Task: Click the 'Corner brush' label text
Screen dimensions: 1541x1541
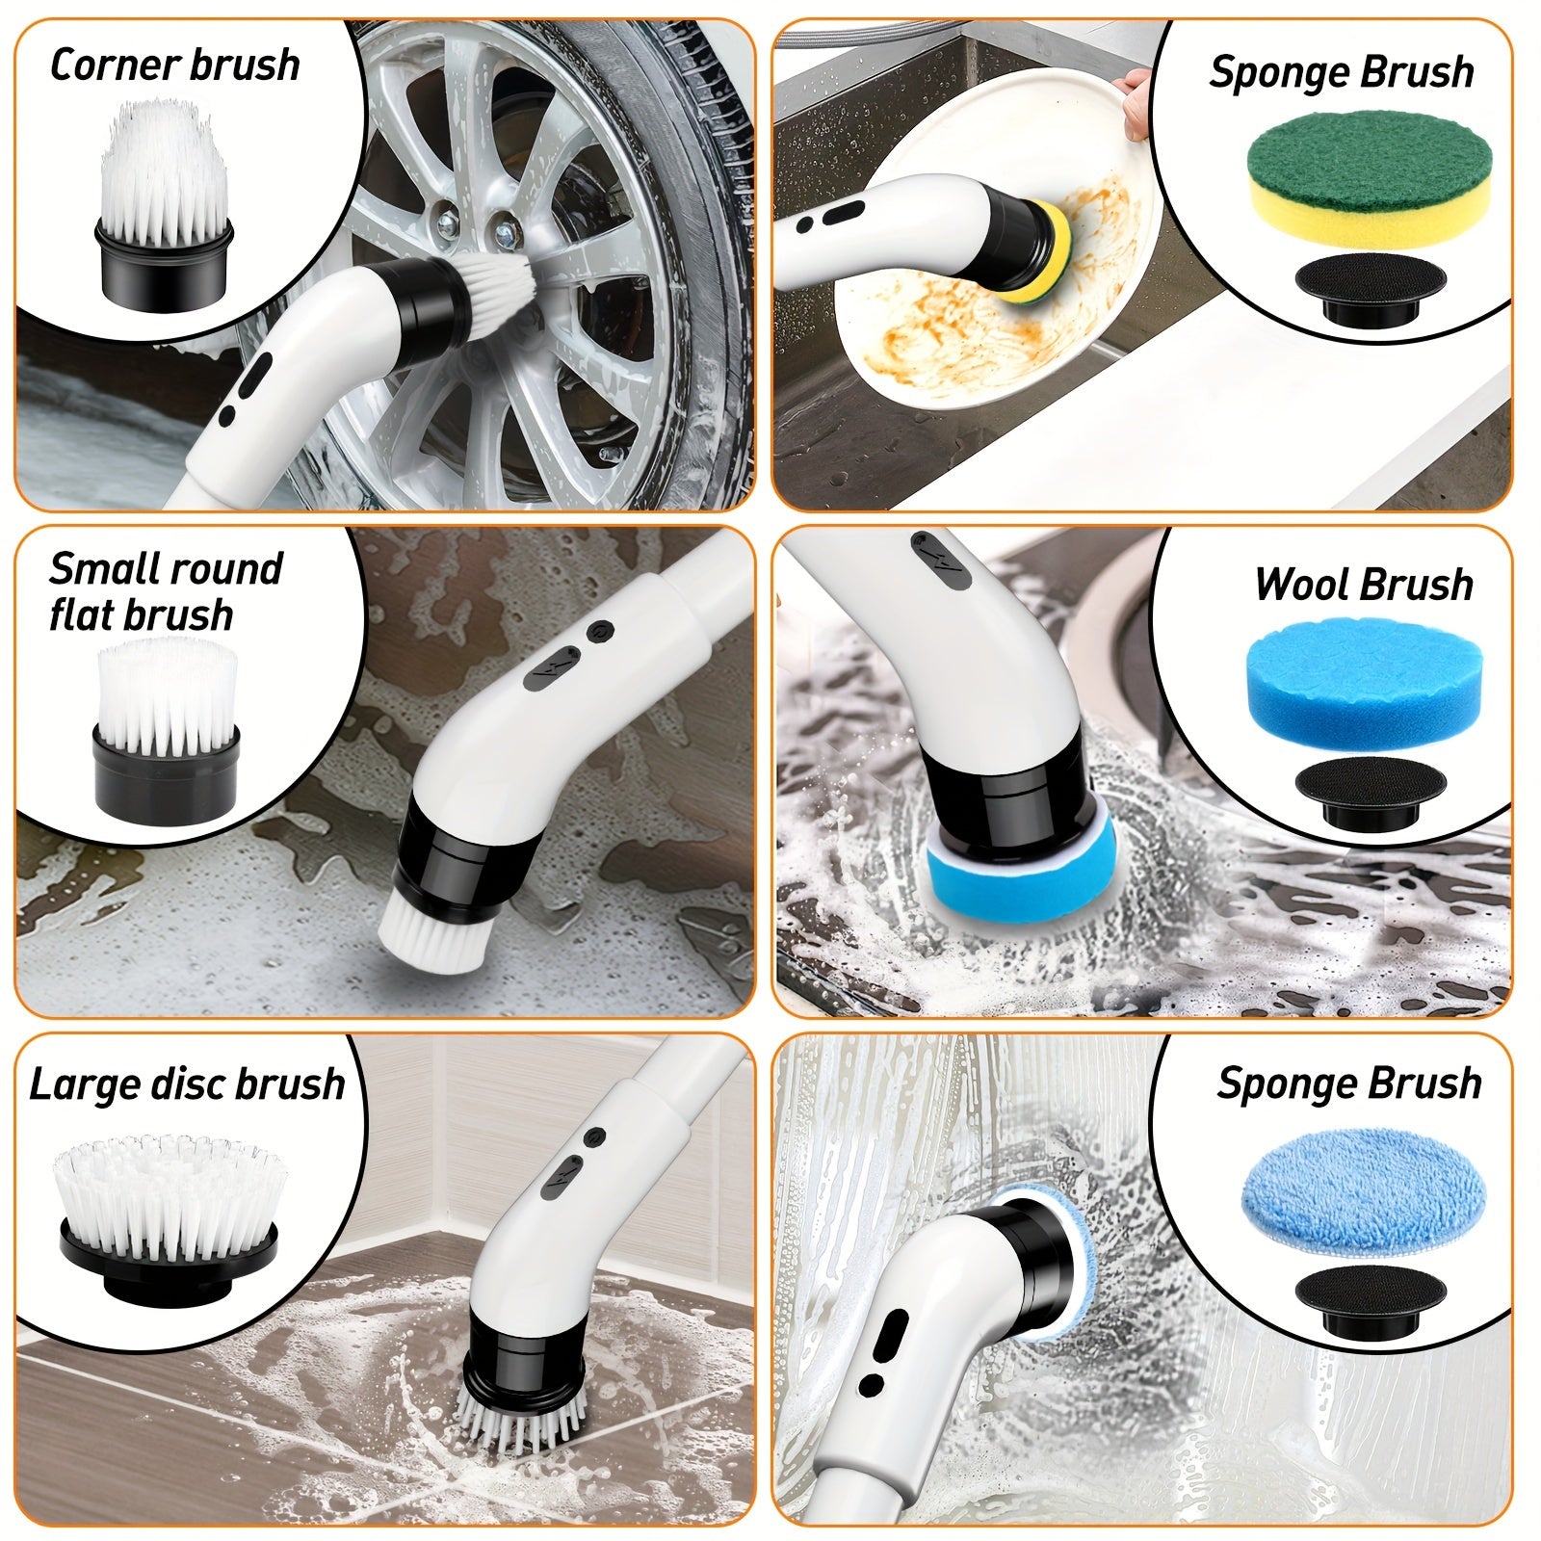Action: [x=174, y=65]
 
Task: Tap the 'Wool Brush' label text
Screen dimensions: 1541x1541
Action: [x=1364, y=585]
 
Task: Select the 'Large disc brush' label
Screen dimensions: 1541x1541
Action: [x=187, y=1084]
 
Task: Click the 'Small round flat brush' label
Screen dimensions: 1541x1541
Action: [x=166, y=591]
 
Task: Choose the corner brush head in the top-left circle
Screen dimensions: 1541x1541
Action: [x=165, y=207]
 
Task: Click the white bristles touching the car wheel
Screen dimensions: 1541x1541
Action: [x=501, y=289]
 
